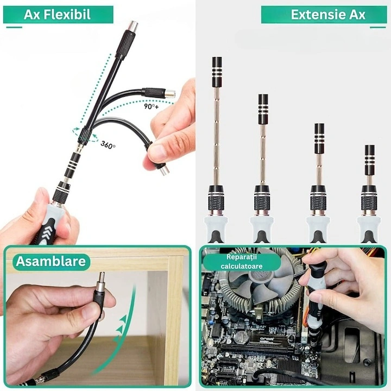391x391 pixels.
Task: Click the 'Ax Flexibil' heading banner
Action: [x=58, y=15]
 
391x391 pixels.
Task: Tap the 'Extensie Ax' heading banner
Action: [x=324, y=15]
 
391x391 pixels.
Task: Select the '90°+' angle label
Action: [x=151, y=106]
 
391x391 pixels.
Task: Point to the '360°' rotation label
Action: [x=108, y=145]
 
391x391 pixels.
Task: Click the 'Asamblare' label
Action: [x=51, y=262]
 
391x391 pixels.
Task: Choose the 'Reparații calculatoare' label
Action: [x=242, y=262]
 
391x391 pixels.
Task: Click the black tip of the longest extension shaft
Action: [x=217, y=72]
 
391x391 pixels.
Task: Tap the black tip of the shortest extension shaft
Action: [x=369, y=160]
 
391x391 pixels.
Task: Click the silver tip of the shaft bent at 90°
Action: [x=171, y=94]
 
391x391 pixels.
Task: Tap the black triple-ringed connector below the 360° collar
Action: [x=73, y=165]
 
